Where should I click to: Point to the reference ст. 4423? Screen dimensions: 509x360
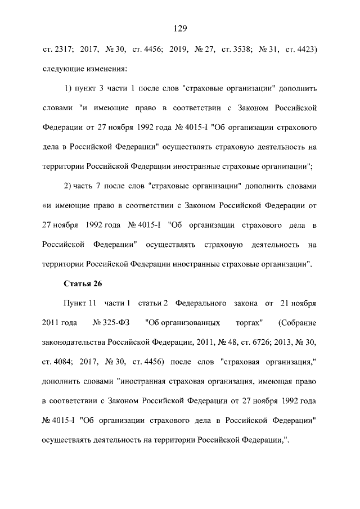click(301, 51)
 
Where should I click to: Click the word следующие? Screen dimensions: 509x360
click(62, 69)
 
